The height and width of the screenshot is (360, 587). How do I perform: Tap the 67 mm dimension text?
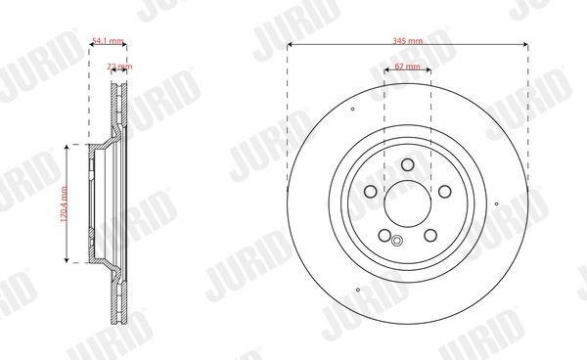(x=408, y=67)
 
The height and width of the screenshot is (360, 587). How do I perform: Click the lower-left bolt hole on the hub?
(x=384, y=235)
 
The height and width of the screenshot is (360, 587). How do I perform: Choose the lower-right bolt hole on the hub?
(x=431, y=235)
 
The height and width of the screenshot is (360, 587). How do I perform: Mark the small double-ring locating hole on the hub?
(x=396, y=242)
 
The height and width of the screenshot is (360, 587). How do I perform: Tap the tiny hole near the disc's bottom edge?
(x=361, y=291)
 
